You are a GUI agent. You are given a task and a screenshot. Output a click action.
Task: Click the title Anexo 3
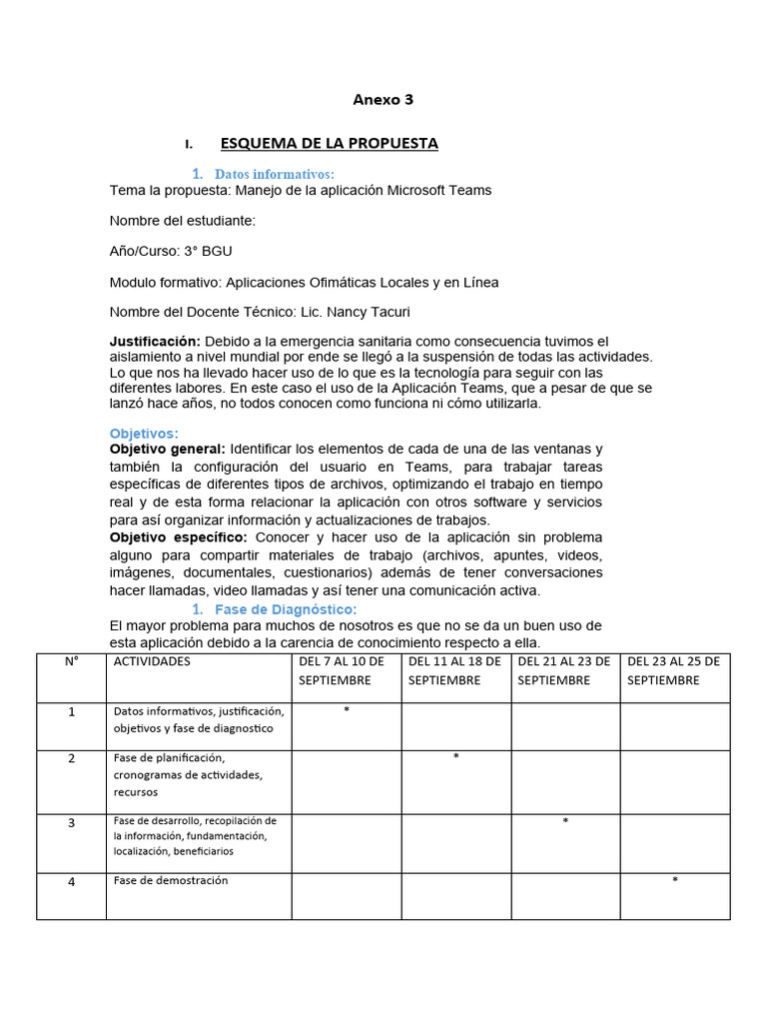383,100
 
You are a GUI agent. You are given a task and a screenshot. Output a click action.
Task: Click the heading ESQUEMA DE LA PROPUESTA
329,143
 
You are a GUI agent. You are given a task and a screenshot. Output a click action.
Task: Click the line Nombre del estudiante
182,221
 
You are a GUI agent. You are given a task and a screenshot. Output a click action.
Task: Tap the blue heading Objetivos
144,434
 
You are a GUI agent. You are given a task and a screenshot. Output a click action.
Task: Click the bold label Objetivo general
167,449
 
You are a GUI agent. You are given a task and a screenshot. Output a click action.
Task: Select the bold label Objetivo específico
171,537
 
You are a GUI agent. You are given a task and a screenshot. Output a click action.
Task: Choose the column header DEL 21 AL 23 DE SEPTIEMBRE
565,670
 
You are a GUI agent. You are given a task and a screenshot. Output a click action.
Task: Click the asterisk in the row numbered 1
346,710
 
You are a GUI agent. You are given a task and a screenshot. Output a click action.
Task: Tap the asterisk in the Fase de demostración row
675,880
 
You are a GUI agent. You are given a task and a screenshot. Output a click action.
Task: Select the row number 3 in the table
71,822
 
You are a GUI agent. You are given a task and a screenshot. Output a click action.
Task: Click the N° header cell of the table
71,661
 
